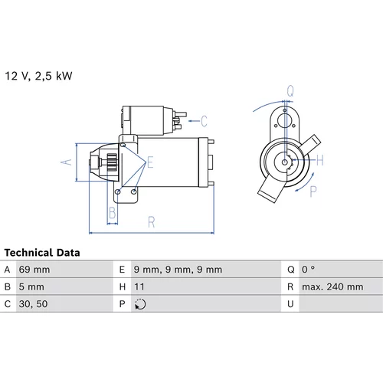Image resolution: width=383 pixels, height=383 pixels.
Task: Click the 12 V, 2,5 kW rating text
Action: (38, 76)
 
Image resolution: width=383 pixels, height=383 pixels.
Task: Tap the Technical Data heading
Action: (42, 253)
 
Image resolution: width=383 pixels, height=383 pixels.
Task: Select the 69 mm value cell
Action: (34, 270)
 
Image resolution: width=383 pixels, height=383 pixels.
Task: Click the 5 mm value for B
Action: (31, 287)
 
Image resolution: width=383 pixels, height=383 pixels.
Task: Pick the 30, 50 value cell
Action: (33, 304)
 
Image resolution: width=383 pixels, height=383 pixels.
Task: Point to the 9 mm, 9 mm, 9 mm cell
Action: (178, 270)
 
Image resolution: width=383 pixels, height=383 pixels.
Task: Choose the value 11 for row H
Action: (139, 287)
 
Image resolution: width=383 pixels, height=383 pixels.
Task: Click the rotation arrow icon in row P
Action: (140, 304)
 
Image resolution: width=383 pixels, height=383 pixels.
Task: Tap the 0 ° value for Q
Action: (308, 270)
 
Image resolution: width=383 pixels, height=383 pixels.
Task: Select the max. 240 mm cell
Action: (332, 287)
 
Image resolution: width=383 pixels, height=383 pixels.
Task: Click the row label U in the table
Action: (290, 304)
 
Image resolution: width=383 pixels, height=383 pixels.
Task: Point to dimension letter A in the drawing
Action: (67, 162)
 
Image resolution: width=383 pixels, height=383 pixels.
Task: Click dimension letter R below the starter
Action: (152, 222)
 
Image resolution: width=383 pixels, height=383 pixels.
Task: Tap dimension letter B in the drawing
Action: (113, 213)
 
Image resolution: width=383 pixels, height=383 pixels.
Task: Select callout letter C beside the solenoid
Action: (204, 121)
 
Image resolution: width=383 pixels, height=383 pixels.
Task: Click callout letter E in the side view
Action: (150, 162)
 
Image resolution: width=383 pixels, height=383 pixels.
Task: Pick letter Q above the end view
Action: (290, 90)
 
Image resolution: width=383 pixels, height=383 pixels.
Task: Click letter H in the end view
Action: (320, 160)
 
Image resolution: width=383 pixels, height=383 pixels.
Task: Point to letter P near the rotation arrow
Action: (313, 191)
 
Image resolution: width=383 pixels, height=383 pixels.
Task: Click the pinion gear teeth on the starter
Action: (112, 162)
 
